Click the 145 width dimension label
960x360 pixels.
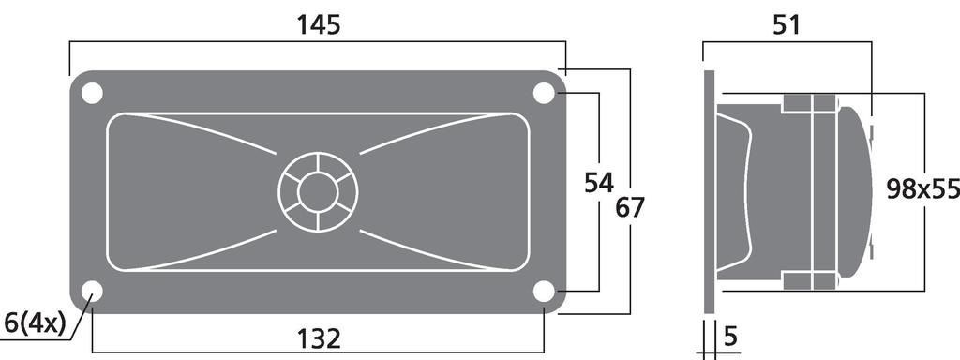[319, 25]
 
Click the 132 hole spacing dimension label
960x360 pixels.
[319, 337]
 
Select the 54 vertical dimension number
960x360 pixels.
[598, 183]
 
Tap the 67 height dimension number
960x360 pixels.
[630, 207]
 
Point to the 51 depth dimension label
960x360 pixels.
[787, 25]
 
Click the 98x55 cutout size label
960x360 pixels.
[922, 189]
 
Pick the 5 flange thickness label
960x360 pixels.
[730, 337]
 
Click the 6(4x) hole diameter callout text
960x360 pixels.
[34, 322]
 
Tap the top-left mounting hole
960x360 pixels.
[92, 93]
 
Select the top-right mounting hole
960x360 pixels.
[544, 93]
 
